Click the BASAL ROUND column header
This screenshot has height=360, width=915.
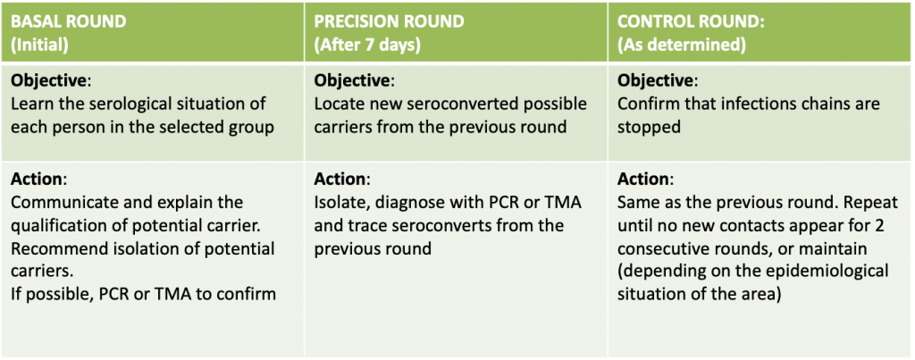(x=68, y=21)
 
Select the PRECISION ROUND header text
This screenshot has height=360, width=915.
(x=390, y=21)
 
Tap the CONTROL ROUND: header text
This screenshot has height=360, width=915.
(x=692, y=21)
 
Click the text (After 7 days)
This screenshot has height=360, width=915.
(x=367, y=46)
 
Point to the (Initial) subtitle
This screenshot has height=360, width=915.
(x=39, y=46)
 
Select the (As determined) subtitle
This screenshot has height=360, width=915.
(x=682, y=46)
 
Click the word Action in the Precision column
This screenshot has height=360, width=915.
(x=340, y=178)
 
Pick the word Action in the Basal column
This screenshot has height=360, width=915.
(x=37, y=178)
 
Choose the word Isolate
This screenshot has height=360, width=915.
(x=337, y=202)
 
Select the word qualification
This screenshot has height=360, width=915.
(x=56, y=226)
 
